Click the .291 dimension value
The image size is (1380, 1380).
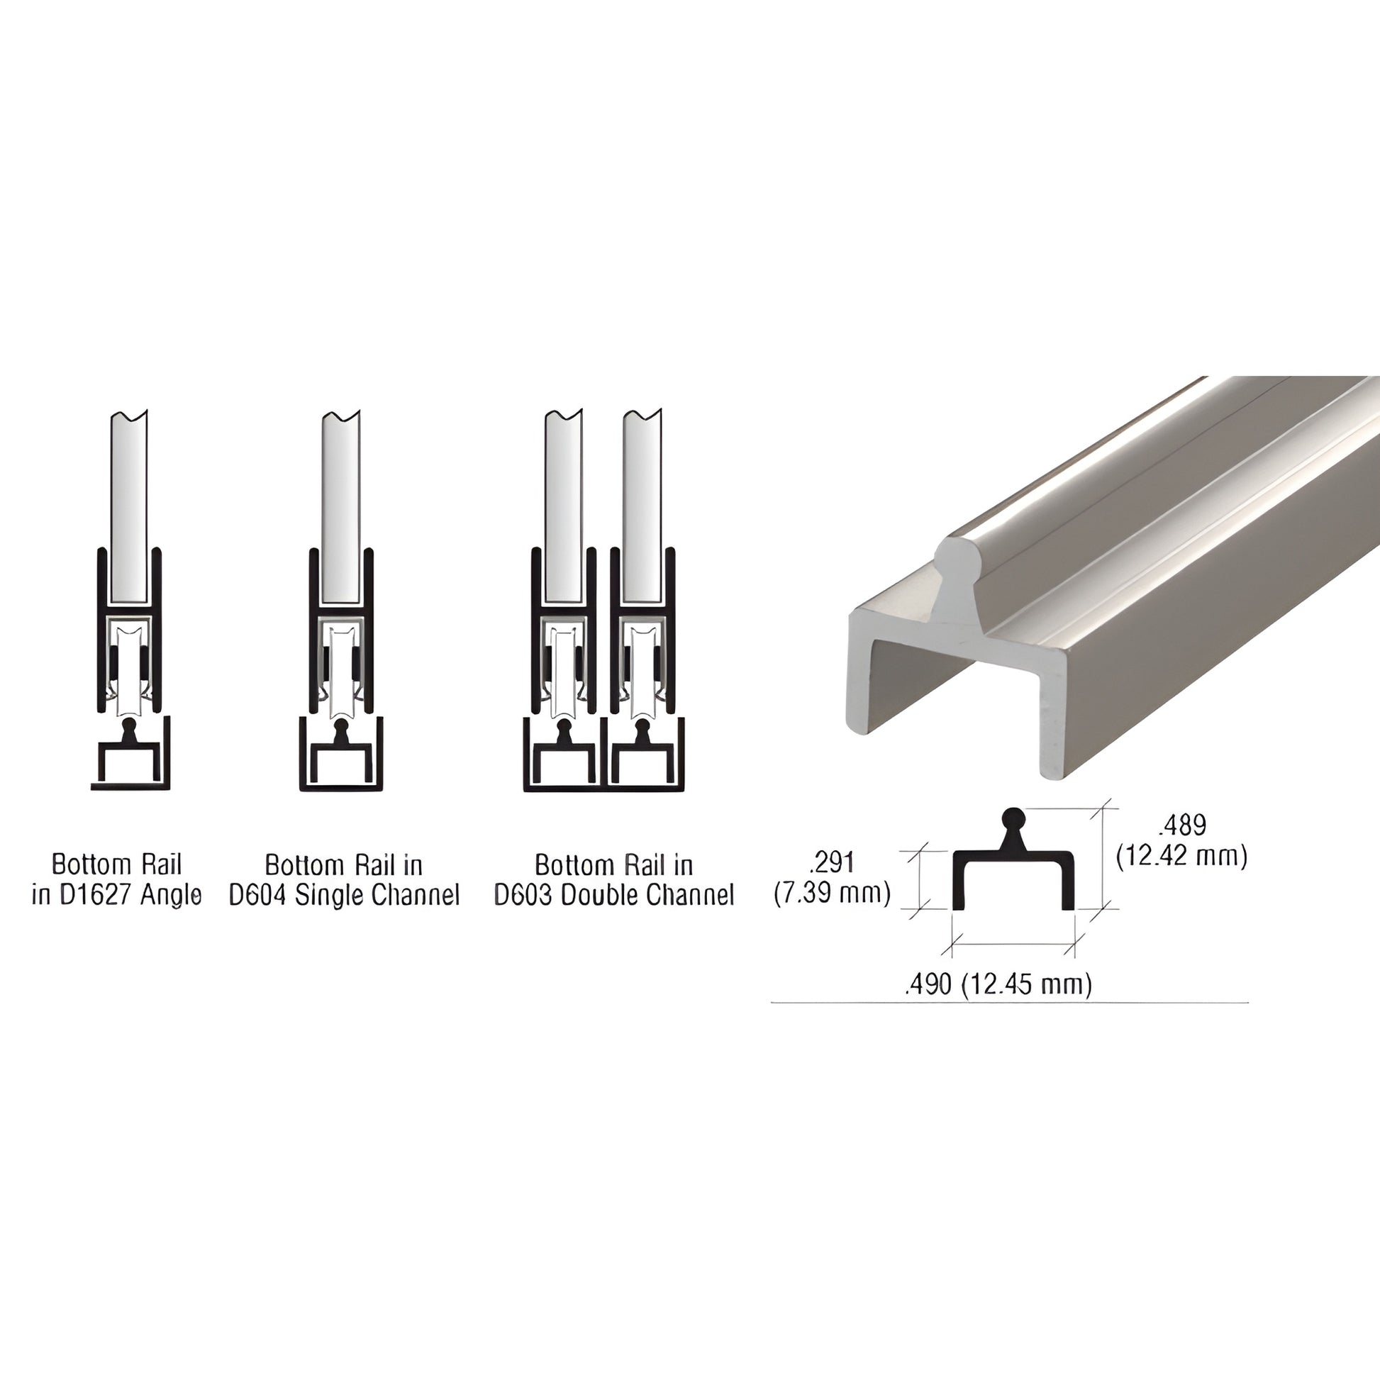pos(832,863)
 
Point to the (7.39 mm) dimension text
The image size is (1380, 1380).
pos(832,893)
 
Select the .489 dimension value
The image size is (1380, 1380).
pos(1182,825)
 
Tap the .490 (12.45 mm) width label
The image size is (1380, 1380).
pos(998,984)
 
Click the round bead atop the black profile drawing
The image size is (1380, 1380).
pos(1013,818)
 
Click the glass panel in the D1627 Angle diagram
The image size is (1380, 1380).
pos(129,507)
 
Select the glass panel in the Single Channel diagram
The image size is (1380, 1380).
pos(340,507)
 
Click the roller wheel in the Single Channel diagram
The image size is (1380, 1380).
pos(340,672)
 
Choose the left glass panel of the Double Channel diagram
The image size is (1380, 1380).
pos(563,507)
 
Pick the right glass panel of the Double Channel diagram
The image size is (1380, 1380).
pos(642,507)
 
